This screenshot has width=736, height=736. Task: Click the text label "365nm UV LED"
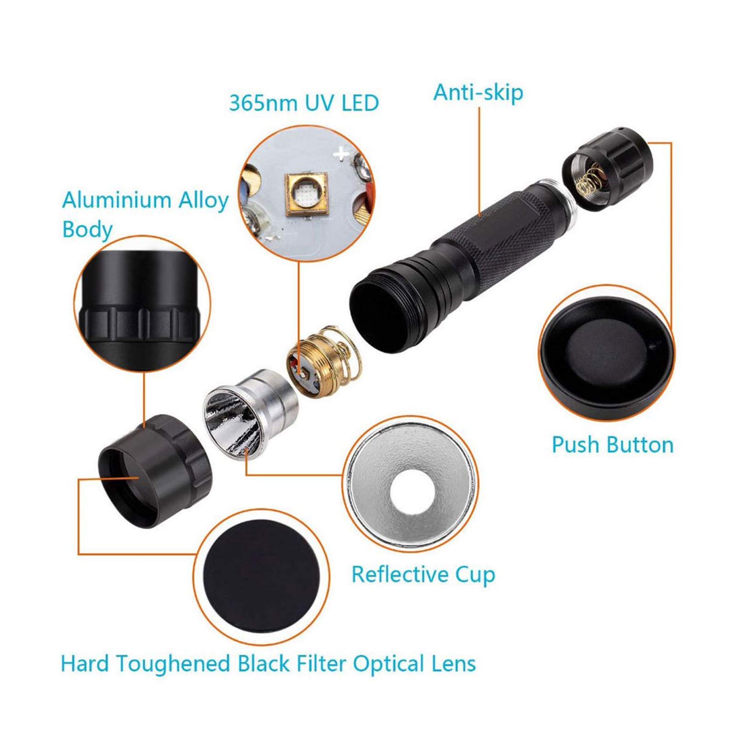click(x=304, y=103)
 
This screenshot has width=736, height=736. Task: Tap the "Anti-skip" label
click(x=478, y=92)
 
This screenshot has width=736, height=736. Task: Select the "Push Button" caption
click(x=612, y=445)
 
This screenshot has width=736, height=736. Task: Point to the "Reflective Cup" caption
click(x=423, y=575)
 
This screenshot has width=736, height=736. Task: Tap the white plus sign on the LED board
click(x=342, y=154)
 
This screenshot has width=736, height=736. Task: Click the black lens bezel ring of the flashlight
click(x=155, y=472)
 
